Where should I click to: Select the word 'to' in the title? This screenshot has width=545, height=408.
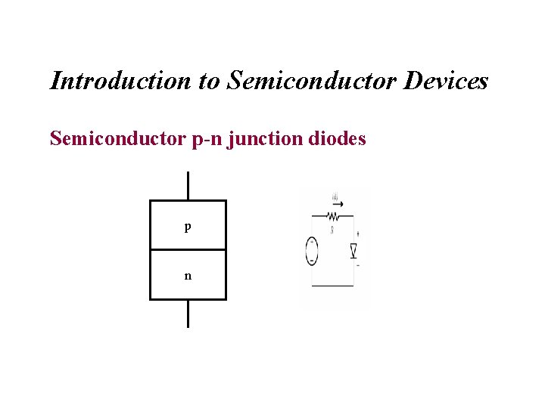coord(209,80)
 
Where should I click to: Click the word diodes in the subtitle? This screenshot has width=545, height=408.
coord(338,139)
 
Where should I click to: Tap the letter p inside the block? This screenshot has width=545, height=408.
coord(187,227)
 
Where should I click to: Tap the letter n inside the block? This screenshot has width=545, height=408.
coord(188,276)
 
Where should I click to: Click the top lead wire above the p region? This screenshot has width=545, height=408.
coord(188,186)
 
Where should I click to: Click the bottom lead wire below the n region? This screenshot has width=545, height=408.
coord(188,313)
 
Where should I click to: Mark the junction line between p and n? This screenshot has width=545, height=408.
coord(188,249)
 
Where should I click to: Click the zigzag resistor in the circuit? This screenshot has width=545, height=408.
coord(333,215)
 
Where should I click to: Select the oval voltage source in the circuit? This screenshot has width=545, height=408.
coord(311,250)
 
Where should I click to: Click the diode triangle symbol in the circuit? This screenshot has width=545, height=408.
coord(353,251)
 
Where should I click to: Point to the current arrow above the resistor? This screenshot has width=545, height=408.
coord(338,202)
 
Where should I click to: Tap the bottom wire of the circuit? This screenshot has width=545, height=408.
coord(333,286)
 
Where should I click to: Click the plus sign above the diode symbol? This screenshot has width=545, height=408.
coord(357,235)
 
